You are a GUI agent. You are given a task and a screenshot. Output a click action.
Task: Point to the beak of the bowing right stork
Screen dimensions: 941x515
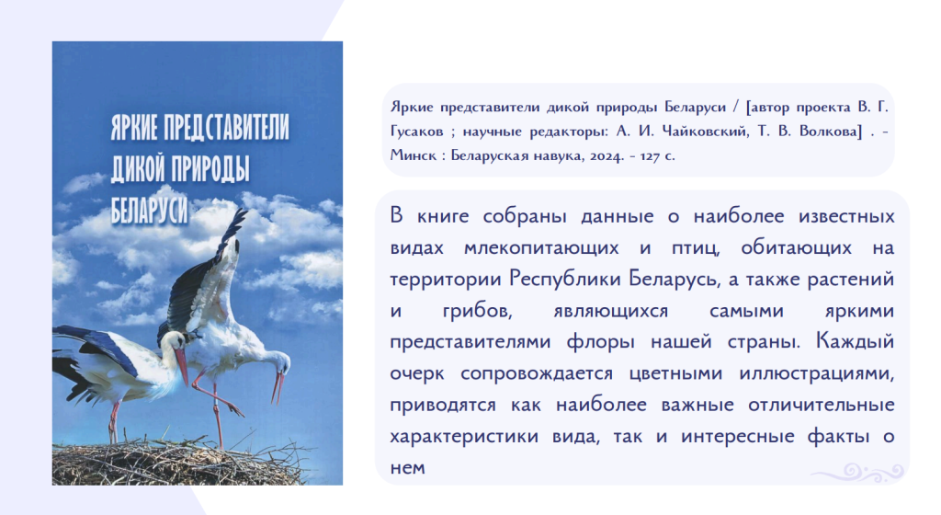(278, 387)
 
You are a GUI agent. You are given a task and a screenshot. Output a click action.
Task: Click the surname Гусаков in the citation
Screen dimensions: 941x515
(417, 132)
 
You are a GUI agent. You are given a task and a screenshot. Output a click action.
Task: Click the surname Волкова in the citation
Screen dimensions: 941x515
(831, 132)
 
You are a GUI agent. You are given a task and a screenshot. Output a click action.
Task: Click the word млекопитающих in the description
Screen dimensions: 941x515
(541, 248)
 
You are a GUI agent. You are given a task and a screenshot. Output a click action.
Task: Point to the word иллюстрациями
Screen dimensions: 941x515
(817, 374)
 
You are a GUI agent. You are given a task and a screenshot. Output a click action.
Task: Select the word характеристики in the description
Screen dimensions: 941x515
(464, 436)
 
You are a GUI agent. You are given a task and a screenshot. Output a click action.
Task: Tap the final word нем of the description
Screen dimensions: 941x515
(407, 468)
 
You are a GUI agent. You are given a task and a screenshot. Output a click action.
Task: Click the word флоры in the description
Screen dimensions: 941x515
(601, 342)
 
